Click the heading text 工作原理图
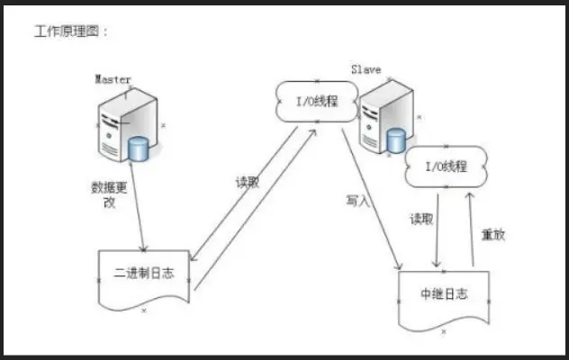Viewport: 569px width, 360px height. click(x=72, y=31)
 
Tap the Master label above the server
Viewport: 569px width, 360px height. click(x=113, y=79)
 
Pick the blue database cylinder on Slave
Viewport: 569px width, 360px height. click(x=394, y=141)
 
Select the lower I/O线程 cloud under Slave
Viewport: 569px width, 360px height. click(x=444, y=166)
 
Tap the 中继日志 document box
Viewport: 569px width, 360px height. click(x=443, y=294)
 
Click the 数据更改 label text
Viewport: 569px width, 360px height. click(x=107, y=194)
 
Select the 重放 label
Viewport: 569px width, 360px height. click(x=493, y=235)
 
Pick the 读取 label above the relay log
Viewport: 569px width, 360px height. click(x=421, y=218)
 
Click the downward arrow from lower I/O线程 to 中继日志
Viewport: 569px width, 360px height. click(x=436, y=229)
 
